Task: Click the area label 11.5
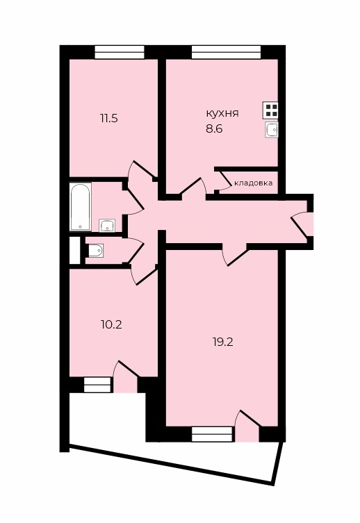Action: click(x=109, y=118)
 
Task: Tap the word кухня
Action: click(x=222, y=114)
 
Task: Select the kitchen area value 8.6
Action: click(x=214, y=128)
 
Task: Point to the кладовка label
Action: click(x=254, y=183)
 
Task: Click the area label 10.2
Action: click(x=111, y=324)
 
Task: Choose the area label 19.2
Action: click(x=222, y=342)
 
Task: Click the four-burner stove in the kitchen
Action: click(x=270, y=110)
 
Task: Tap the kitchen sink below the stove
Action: click(x=272, y=129)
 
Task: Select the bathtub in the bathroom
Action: click(x=81, y=206)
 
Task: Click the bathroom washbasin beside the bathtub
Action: click(x=107, y=226)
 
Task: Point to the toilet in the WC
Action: click(x=95, y=251)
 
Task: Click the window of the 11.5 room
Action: click(x=120, y=52)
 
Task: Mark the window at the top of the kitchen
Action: click(x=226, y=52)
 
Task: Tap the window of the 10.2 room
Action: click(x=97, y=385)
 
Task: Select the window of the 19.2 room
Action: click(x=212, y=434)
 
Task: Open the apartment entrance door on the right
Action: click(x=302, y=224)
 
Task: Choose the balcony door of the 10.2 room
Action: click(x=126, y=377)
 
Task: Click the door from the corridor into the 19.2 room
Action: click(x=235, y=255)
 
